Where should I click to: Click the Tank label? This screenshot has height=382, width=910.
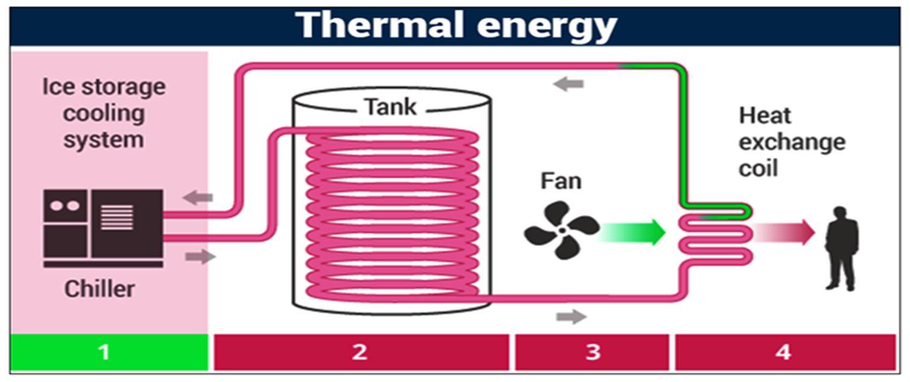click(390, 107)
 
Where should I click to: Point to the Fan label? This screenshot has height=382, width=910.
click(560, 180)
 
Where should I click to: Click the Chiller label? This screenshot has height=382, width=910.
click(99, 288)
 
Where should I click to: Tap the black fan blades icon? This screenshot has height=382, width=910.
click(562, 230)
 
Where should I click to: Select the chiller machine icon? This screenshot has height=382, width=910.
click(103, 227)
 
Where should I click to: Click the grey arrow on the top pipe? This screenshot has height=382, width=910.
click(568, 84)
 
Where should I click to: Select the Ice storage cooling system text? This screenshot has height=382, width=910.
click(103, 113)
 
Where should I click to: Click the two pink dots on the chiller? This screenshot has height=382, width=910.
click(65, 206)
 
